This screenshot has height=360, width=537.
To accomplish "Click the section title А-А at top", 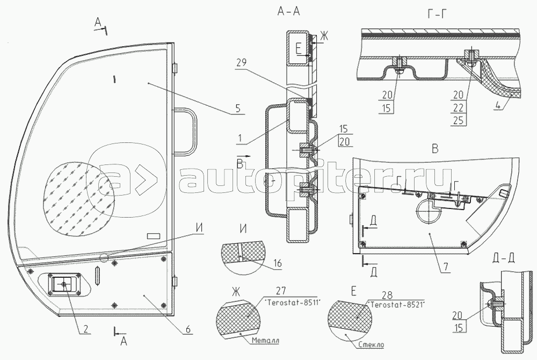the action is pyautogui.click(x=288, y=12).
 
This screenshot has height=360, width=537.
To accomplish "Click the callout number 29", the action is pyautogui.click(x=241, y=63).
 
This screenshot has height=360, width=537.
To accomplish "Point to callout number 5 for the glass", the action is pyautogui.click(x=238, y=109).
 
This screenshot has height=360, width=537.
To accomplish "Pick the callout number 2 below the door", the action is pyautogui.click(x=85, y=329).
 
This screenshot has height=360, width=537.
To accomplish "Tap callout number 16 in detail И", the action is pyautogui.click(x=278, y=263).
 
